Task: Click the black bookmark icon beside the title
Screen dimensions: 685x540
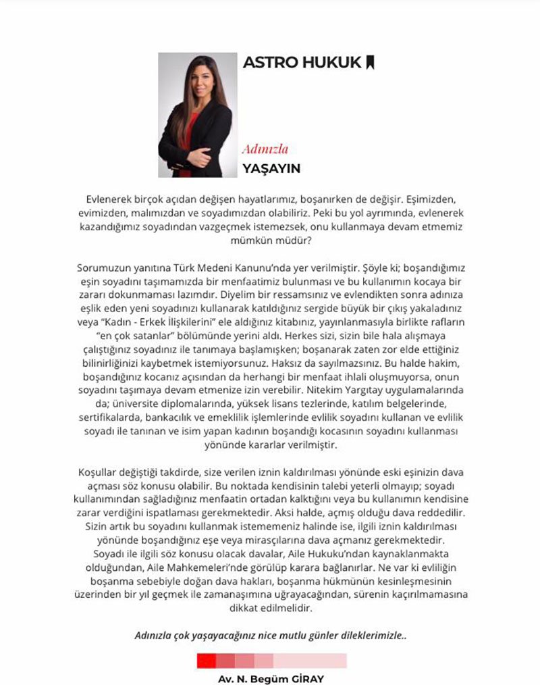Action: point(369,63)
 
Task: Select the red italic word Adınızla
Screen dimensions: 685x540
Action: point(265,149)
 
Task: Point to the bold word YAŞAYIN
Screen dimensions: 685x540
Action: point(271,168)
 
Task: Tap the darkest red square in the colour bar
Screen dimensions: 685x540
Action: point(207,660)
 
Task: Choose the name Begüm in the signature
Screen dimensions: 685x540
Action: point(264,678)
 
